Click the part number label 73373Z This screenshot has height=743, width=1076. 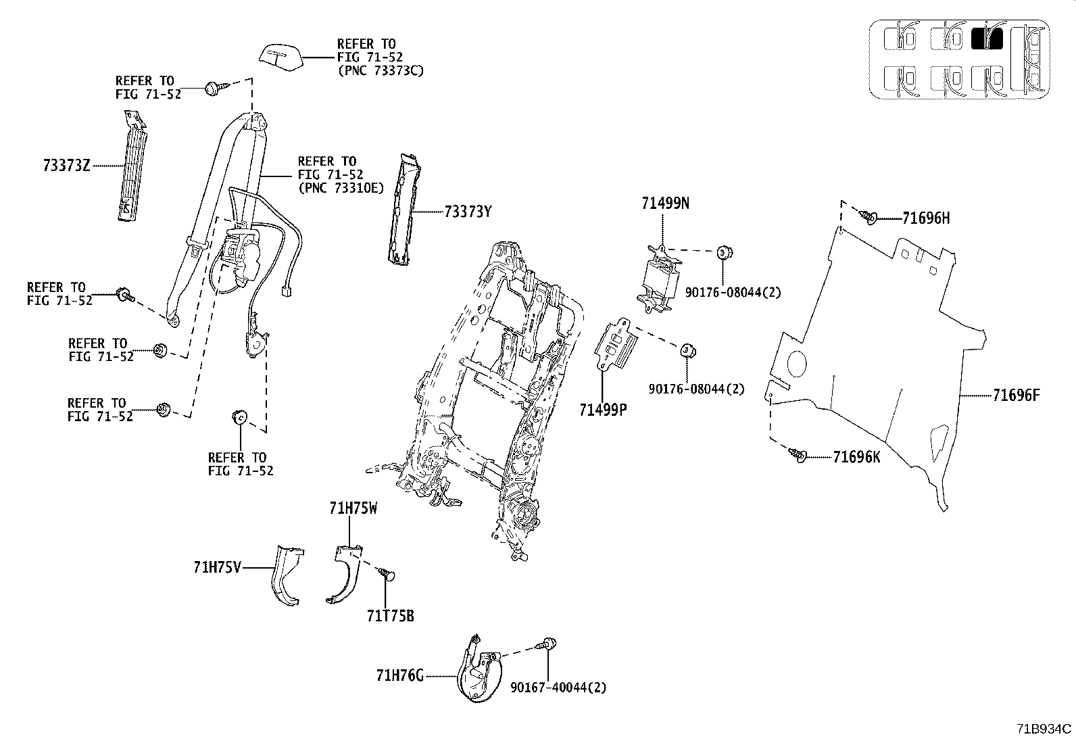[x=66, y=165]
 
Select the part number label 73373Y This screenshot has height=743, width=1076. [x=468, y=212]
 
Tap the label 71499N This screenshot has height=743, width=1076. [x=665, y=203]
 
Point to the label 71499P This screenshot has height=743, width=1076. [x=603, y=409]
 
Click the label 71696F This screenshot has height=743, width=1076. [x=1016, y=396]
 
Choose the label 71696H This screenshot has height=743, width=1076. [x=926, y=218]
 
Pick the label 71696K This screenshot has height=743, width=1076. [x=856, y=458]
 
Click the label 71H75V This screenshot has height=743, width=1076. [x=217, y=568]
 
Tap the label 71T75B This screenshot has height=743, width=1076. [x=390, y=617]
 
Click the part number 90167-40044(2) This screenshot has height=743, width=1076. [x=558, y=688]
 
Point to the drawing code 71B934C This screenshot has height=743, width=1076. [x=1044, y=729]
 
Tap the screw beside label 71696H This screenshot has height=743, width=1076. [x=868, y=216]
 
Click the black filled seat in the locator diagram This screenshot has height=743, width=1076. [x=986, y=39]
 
